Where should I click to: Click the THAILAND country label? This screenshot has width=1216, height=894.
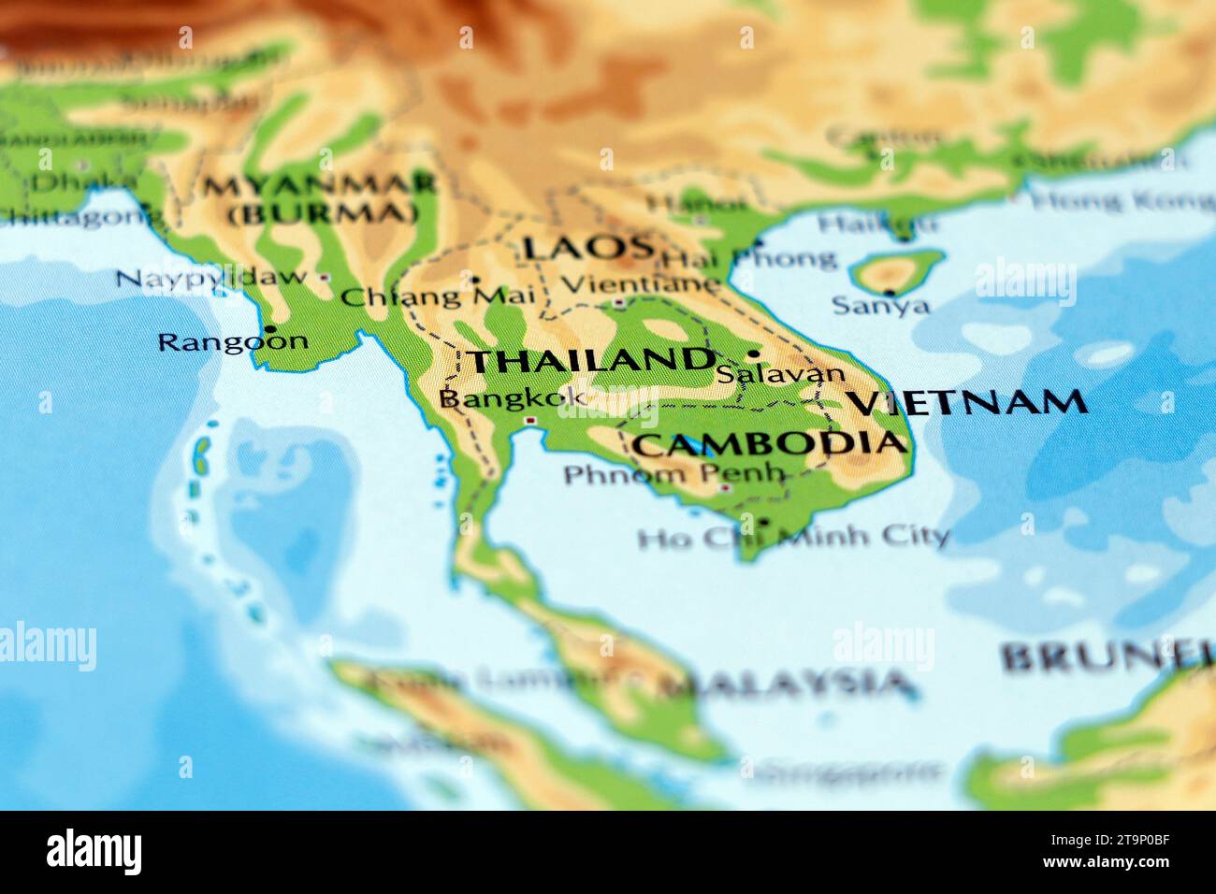pyautogui.click(x=590, y=360)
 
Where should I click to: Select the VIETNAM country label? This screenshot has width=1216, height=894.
pyautogui.click(x=967, y=402)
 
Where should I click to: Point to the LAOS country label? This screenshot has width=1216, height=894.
pyautogui.click(x=587, y=248)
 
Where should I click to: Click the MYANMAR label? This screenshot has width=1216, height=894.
pyautogui.click(x=319, y=184)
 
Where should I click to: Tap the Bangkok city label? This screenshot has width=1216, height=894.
pyautogui.click(x=513, y=398)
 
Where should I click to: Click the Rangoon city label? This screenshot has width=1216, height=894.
pyautogui.click(x=232, y=342)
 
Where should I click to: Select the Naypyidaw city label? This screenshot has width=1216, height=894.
pyautogui.click(x=211, y=278)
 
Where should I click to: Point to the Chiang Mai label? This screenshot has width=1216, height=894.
pyautogui.click(x=438, y=297)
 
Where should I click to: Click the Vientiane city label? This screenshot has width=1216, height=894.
pyautogui.click(x=640, y=282)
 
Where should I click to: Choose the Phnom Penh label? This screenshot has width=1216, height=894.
pyautogui.click(x=673, y=474)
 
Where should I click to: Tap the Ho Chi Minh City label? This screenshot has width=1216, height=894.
pyautogui.click(x=793, y=537)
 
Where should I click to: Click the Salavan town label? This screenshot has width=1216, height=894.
pyautogui.click(x=780, y=374)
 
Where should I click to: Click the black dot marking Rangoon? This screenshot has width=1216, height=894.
pyautogui.click(x=269, y=329)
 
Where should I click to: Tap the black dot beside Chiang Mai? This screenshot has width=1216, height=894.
pyautogui.click(x=475, y=280)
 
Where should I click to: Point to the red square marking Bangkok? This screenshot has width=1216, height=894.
pyautogui.click(x=531, y=422)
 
